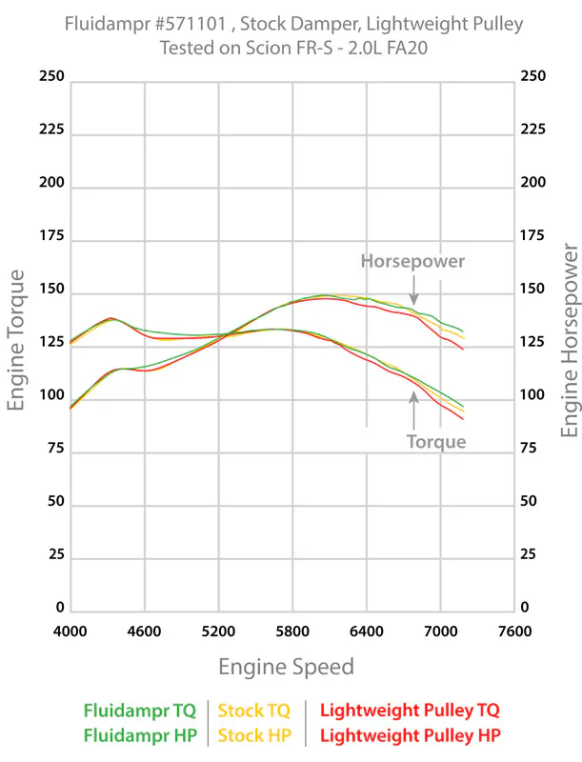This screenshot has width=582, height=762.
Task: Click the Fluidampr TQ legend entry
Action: coord(140,710)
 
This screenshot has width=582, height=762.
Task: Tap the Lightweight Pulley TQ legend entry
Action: coord(410,710)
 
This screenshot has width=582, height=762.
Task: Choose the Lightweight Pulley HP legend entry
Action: coord(410,735)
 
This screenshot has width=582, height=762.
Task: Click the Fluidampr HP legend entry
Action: coord(140,735)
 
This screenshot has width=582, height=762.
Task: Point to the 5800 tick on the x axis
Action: coord(292,631)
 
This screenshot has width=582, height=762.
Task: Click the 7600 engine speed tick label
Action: coord(514,631)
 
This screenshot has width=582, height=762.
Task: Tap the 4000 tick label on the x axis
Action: coord(70,631)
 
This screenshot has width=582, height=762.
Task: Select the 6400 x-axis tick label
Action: coord(367,631)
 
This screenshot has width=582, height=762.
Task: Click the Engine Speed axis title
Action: coord(286,666)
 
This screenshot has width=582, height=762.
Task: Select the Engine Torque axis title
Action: coord(16,340)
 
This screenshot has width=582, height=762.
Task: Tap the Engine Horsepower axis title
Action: coord(570,340)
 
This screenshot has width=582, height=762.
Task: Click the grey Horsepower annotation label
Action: coord(412,260)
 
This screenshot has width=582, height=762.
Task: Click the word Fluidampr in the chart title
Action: coord(109,24)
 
